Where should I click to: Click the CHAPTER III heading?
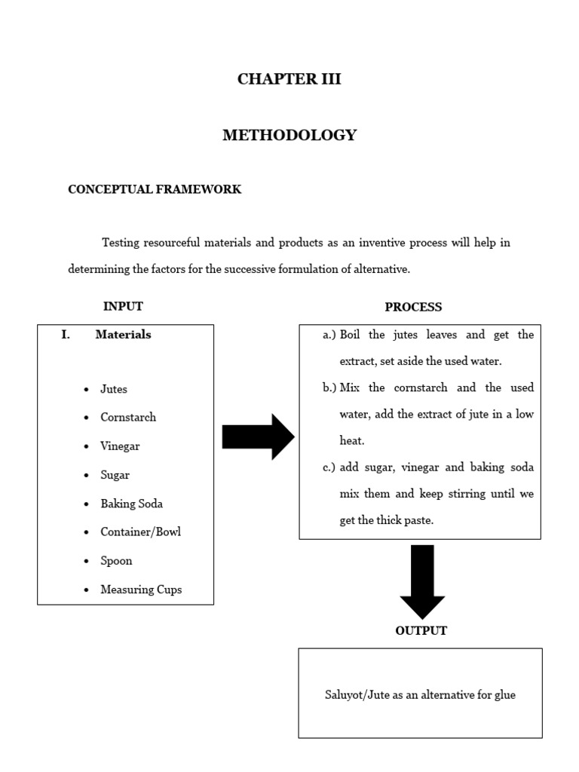(289, 79)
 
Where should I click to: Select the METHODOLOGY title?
(289, 136)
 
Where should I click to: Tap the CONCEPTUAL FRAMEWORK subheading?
(155, 190)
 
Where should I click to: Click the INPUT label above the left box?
(123, 306)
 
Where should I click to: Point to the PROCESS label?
(413, 307)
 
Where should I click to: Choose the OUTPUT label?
(421, 631)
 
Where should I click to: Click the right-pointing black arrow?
(258, 437)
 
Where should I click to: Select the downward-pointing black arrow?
(422, 581)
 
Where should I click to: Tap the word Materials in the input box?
(123, 335)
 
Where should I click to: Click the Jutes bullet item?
(114, 389)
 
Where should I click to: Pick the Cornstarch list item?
(128, 418)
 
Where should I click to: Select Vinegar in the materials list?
(120, 446)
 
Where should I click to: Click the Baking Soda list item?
(131, 504)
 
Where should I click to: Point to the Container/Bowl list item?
(140, 532)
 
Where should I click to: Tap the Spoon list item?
(116, 561)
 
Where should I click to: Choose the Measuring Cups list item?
(141, 590)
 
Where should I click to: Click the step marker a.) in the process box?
(329, 335)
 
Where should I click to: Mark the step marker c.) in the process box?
(329, 467)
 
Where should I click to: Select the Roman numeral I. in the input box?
(66, 335)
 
